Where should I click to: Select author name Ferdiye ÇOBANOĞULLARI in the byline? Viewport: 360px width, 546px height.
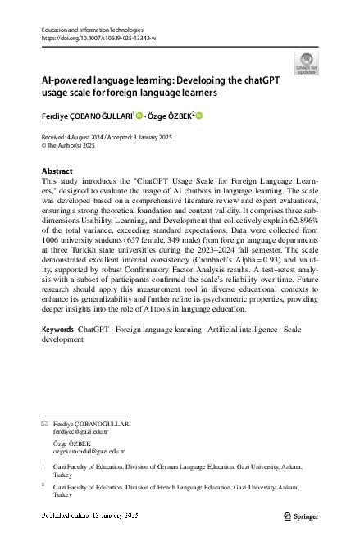tap(88, 116)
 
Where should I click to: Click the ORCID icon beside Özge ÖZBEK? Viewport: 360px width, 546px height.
tap(198, 116)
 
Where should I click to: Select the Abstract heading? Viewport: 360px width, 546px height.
tap(57, 171)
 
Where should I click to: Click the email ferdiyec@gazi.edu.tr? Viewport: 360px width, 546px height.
tap(80, 430)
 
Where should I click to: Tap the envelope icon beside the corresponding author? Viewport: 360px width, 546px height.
tap(44, 424)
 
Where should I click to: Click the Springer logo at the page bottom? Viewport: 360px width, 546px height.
tap(302, 516)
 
